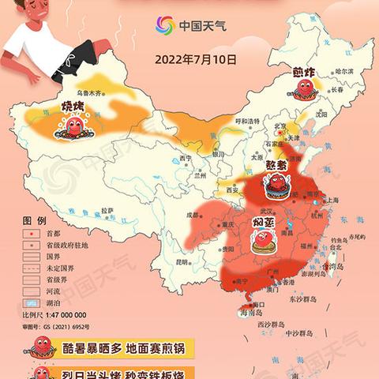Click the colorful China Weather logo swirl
point(164,25)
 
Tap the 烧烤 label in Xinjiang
point(73,107)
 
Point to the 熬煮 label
point(276,166)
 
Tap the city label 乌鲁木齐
point(88,92)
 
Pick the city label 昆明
point(182,261)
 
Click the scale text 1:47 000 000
point(62,314)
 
